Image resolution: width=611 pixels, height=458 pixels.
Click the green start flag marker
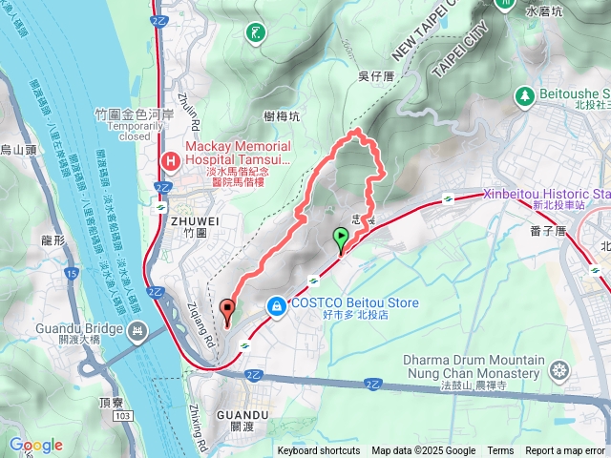[x=340, y=239]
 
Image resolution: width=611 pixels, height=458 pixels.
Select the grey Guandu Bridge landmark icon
[x=138, y=331]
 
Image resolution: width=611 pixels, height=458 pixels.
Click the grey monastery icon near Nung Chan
[x=559, y=368]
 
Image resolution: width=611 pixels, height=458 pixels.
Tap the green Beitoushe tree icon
[x=524, y=96]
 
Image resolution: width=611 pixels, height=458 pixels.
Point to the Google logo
[x=36, y=445]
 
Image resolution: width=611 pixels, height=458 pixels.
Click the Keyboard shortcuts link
[x=319, y=451]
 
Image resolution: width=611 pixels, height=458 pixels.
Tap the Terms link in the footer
[x=500, y=451]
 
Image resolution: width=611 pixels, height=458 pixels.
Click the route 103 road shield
[x=122, y=418]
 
